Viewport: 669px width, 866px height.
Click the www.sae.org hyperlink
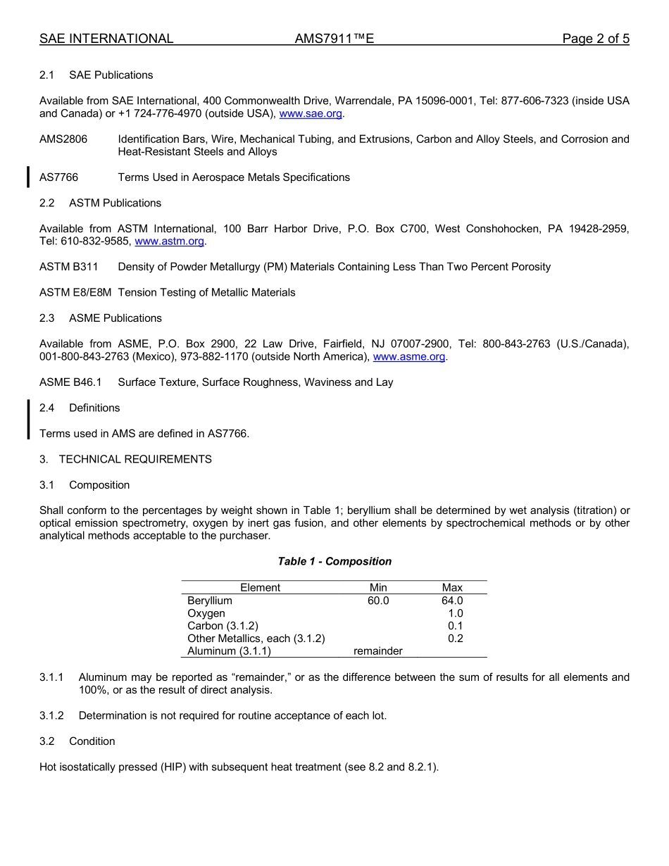[x=311, y=113]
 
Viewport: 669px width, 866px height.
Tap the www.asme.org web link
[x=408, y=357]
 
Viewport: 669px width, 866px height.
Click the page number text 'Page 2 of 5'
[x=595, y=39]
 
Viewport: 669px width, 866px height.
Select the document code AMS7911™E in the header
[x=334, y=39]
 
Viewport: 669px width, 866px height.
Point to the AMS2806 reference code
[x=63, y=139]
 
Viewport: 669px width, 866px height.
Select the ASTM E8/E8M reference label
[x=75, y=292]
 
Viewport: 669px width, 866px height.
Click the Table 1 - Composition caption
[x=334, y=561]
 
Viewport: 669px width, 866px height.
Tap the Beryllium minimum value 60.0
[x=377, y=601]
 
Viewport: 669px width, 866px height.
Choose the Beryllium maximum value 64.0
[x=451, y=601]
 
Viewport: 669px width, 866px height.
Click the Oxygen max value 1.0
[x=455, y=613]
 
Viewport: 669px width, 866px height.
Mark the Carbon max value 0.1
[x=455, y=626]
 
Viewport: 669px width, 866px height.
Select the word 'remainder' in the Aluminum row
[x=377, y=651]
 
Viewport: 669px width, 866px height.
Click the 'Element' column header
[x=260, y=587]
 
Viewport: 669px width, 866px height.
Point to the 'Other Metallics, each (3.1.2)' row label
[x=256, y=639]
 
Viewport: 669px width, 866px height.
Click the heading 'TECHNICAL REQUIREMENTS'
[x=135, y=459]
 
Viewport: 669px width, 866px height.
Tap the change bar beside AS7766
[x=28, y=177]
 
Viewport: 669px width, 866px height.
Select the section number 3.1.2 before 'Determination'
[x=51, y=715]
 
